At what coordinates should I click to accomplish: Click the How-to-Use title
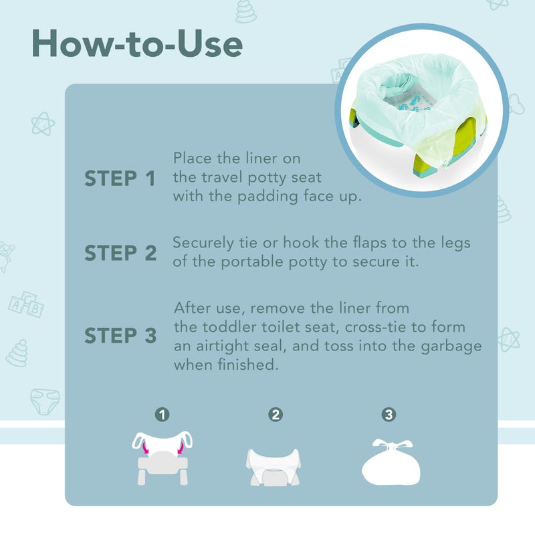click(x=136, y=45)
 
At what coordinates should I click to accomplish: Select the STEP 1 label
click(x=120, y=179)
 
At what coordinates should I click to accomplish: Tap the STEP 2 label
click(x=120, y=253)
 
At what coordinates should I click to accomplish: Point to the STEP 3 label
click(x=120, y=336)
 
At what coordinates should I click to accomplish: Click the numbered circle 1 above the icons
click(x=161, y=415)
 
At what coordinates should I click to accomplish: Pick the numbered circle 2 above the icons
click(x=275, y=415)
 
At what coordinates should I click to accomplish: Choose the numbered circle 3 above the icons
click(x=389, y=415)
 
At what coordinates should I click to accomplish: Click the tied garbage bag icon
click(x=391, y=462)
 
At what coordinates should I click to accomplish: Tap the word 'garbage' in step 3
click(x=451, y=347)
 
